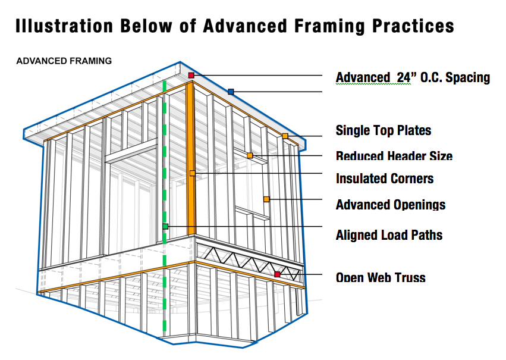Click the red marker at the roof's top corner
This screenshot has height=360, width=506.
[x=191, y=76]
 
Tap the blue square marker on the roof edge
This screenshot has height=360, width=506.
[x=231, y=92]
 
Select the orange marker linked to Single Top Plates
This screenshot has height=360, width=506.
[x=285, y=136]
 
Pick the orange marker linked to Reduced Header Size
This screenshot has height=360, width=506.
[x=250, y=156]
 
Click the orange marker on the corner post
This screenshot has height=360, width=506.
[x=192, y=173]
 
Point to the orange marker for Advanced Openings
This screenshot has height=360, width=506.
[x=266, y=199]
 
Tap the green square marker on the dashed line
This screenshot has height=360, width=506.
[x=165, y=226]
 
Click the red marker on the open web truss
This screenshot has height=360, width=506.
[x=277, y=274]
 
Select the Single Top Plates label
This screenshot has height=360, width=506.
[x=384, y=130]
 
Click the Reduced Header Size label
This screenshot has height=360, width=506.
[x=394, y=156]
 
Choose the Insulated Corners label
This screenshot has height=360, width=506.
[x=385, y=179]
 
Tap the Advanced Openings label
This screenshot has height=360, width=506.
[x=391, y=205]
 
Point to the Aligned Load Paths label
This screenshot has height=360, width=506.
[x=389, y=235]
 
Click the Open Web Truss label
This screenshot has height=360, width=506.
[x=381, y=277]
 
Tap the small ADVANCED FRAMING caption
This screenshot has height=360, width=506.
[x=64, y=61]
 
